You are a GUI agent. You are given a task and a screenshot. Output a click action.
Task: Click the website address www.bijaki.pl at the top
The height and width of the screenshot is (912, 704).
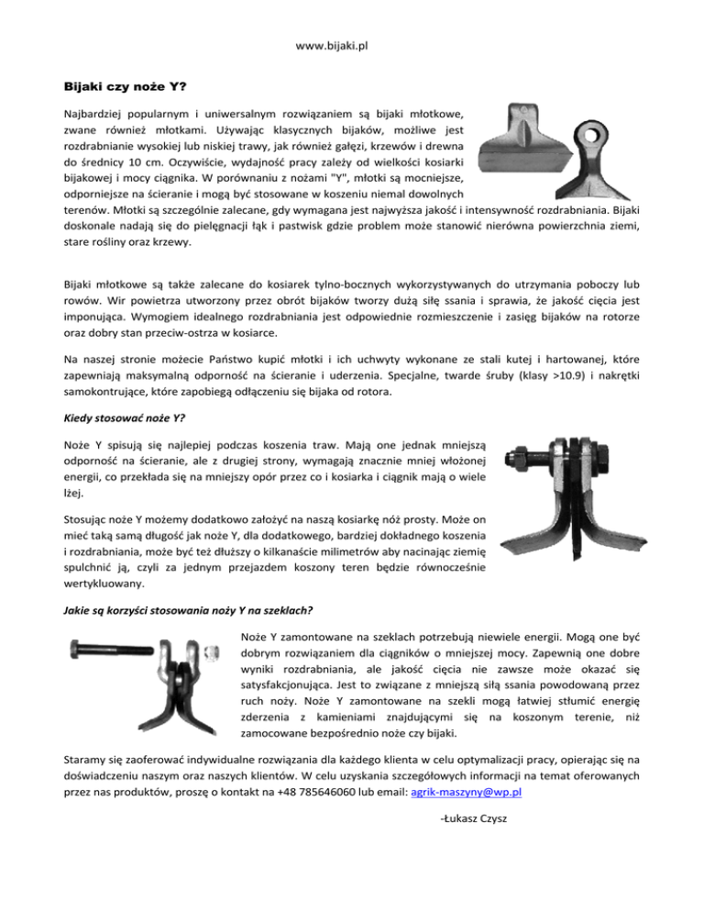click(351, 44)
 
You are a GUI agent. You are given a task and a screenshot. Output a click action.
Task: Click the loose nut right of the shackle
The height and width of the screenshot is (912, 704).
click(211, 653)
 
